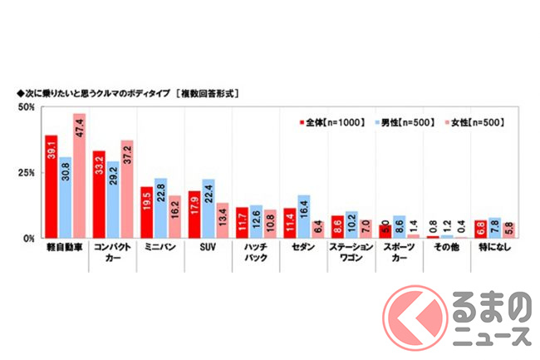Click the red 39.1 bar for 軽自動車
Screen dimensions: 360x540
52,187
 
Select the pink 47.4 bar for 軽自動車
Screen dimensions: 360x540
80,176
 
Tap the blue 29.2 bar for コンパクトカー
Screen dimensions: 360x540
113,200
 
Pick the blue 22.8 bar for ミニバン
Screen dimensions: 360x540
160,208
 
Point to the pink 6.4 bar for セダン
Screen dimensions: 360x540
318,229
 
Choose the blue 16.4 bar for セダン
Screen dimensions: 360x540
303,216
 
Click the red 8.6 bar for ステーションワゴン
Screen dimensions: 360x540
336,227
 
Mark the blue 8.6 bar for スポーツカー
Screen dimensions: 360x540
399,227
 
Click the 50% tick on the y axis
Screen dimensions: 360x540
26,108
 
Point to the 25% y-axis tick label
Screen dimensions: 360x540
26,173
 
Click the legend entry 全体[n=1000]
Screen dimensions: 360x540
332,122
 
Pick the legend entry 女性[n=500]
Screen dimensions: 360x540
469,122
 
